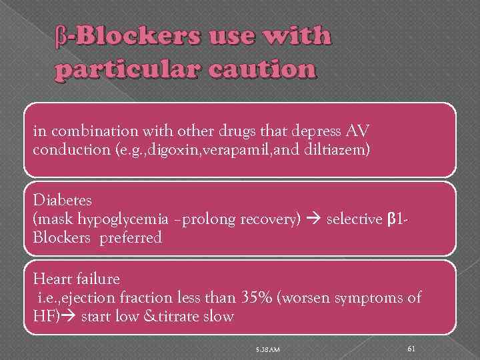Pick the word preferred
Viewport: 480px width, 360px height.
pyautogui.click(x=131, y=238)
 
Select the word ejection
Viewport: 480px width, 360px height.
pyautogui.click(x=95, y=297)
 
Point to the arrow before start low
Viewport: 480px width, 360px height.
pyautogui.click(x=69, y=316)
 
